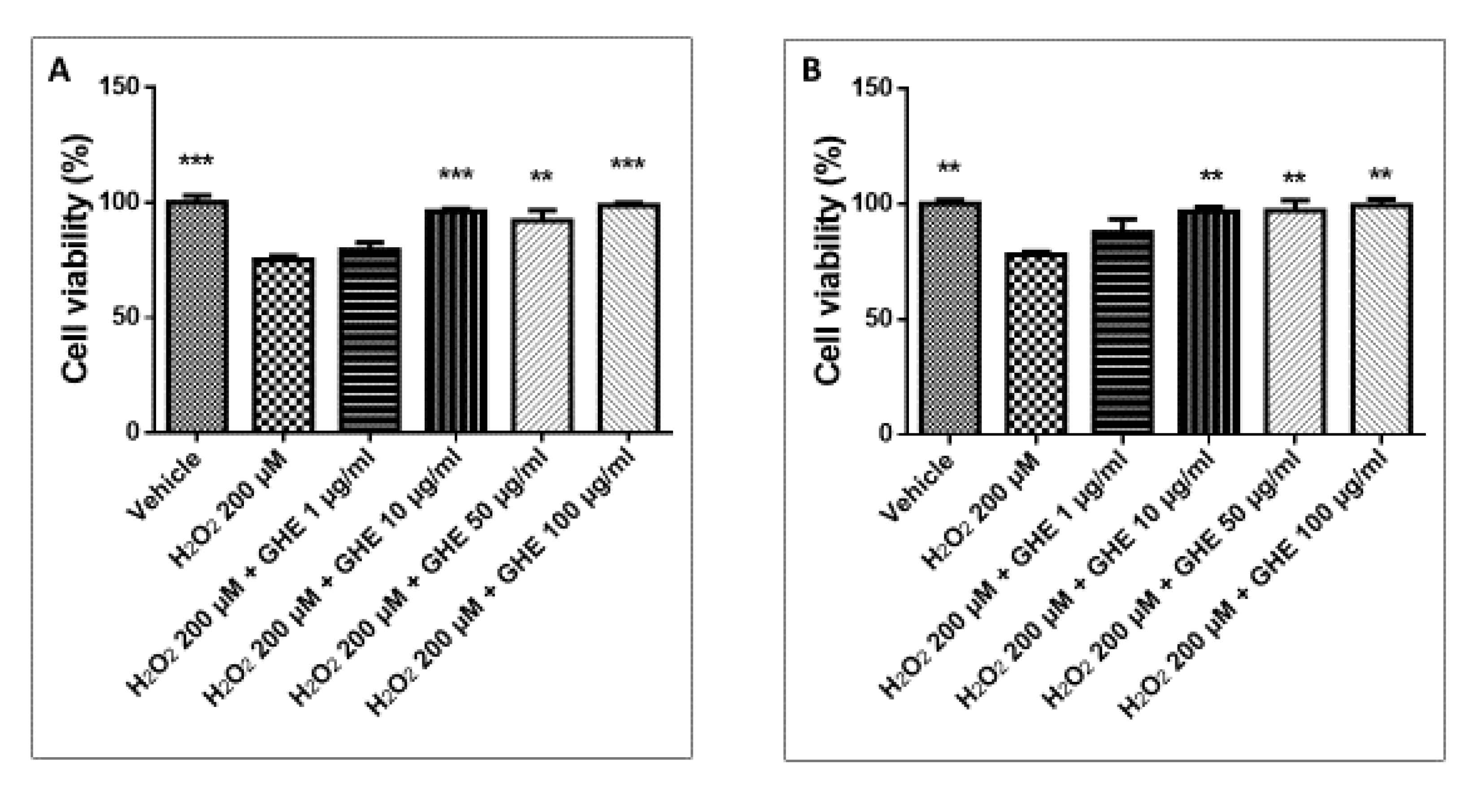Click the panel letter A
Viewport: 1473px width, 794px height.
pos(60,73)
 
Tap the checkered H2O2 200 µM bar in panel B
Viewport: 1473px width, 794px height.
pos(1036,343)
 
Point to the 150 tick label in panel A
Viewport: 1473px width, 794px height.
pos(120,87)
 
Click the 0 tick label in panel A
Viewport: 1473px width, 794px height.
pos(133,432)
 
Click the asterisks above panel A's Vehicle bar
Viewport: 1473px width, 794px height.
pos(196,161)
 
